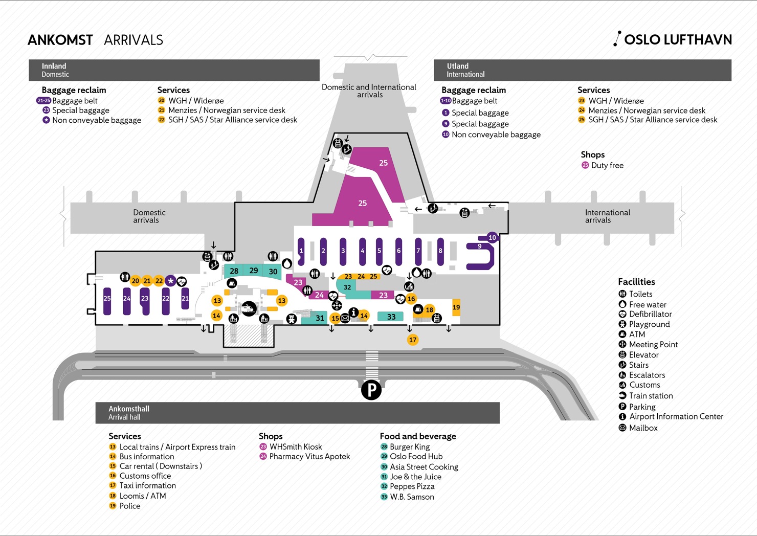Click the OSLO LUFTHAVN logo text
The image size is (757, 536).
tap(678, 40)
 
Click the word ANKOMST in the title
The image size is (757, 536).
tap(60, 40)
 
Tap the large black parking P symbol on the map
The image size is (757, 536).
tap(371, 391)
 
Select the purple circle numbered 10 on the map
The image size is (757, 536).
tap(492, 237)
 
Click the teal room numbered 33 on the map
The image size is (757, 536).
tap(391, 317)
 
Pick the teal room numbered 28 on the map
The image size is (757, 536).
tap(234, 271)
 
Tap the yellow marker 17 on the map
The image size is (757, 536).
tap(413, 340)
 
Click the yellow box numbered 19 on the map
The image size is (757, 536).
tap(456, 307)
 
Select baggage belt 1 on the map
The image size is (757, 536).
tap(301, 251)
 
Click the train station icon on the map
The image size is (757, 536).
tap(249, 308)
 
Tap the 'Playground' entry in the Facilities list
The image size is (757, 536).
tap(649, 324)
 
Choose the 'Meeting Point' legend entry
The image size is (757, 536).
tap(653, 345)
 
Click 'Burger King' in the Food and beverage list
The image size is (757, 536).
tap(409, 447)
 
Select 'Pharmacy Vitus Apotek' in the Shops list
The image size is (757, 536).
tap(309, 457)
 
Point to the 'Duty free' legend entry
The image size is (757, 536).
tap(607, 165)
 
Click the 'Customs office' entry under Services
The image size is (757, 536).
tap(145, 476)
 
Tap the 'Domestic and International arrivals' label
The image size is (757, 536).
tap(369, 91)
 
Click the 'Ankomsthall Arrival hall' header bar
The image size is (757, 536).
tap(297, 413)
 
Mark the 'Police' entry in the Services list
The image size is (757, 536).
tap(129, 506)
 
